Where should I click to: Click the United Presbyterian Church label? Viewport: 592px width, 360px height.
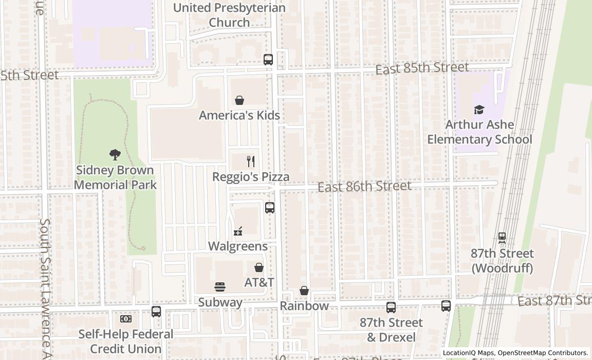click(229, 15)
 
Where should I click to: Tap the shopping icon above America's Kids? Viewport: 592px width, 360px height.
click(239, 100)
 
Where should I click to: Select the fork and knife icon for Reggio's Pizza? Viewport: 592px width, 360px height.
click(251, 161)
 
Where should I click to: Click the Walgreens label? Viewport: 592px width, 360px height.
click(237, 246)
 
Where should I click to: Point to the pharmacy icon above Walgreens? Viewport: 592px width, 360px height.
click(237, 232)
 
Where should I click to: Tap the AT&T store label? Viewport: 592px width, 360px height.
click(259, 282)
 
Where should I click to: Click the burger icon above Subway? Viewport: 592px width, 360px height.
click(220, 287)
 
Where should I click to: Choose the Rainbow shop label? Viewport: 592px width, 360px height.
click(304, 306)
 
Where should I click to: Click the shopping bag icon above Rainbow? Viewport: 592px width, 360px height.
click(304, 291)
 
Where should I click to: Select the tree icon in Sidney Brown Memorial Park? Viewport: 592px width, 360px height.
click(115, 154)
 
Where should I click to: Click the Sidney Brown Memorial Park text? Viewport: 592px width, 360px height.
click(115, 177)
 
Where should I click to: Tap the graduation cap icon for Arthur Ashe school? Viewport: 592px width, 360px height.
click(479, 110)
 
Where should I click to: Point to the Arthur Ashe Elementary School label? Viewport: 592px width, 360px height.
click(479, 132)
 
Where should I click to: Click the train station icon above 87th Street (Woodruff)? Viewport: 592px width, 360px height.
click(502, 238)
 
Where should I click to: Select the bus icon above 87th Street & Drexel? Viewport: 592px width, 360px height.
click(391, 308)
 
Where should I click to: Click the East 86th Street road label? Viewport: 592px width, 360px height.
click(364, 186)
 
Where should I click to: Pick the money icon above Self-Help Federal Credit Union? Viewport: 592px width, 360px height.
click(126, 319)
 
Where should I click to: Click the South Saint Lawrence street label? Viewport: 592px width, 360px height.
click(45, 288)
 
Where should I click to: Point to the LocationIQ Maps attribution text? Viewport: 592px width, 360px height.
click(515, 353)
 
